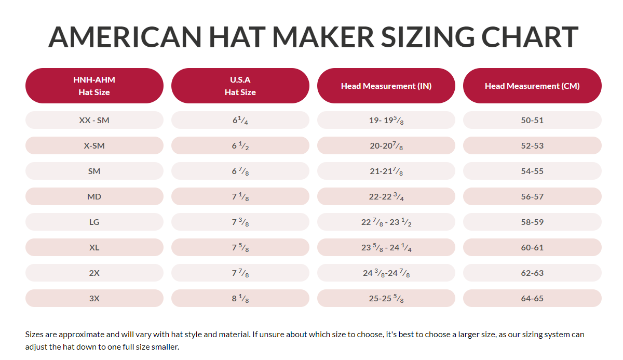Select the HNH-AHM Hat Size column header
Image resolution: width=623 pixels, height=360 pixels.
94,86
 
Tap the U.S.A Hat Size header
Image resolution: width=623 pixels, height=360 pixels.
240,86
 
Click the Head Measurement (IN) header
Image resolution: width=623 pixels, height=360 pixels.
386,86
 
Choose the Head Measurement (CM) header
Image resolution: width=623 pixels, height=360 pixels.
532,86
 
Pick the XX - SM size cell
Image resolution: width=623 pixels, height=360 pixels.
94,120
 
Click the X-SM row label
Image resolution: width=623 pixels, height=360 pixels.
94,145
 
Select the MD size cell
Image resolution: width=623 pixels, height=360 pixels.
94,196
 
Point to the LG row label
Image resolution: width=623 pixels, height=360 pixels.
94,222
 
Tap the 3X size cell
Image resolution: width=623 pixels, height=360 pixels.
94,298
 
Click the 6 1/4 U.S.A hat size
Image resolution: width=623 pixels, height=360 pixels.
240,120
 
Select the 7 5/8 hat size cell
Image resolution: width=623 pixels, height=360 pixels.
240,247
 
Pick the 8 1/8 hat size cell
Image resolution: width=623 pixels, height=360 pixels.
240,298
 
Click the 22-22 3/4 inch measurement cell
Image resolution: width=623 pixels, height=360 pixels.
386,196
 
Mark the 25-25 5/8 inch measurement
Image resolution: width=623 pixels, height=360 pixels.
386,298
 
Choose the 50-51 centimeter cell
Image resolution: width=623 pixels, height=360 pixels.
532,120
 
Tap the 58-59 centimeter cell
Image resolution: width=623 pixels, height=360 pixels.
532,222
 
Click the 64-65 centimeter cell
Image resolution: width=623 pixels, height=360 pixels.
532,298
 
